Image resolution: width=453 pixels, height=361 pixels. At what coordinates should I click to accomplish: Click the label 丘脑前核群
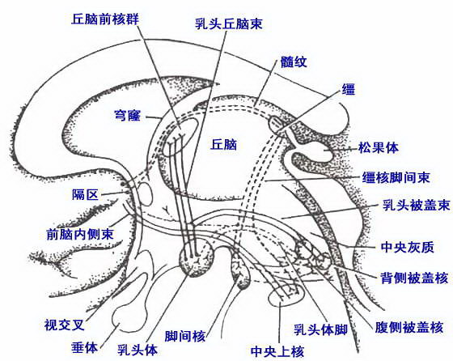tap(105, 19)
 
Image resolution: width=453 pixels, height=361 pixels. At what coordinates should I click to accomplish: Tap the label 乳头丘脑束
tap(228, 23)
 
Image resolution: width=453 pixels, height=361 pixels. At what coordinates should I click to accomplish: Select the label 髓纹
tap(294, 62)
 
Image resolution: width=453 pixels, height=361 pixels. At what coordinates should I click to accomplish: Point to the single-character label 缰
tap(349, 89)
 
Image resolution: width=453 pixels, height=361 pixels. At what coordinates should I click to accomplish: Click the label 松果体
tap(379, 147)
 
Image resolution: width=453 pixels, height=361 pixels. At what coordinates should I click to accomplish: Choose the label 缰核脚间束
tap(396, 177)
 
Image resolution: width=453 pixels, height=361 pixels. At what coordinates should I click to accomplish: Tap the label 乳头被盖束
tap(417, 206)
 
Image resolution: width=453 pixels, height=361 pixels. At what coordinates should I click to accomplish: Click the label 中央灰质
tap(408, 247)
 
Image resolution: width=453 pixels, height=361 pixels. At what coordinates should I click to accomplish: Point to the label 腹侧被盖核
tap(409, 327)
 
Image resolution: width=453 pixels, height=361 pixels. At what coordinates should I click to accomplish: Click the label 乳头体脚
tap(320, 329)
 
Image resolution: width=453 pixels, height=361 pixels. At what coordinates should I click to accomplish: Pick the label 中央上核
tap(277, 351)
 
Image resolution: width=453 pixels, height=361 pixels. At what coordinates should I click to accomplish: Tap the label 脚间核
tap(185, 337)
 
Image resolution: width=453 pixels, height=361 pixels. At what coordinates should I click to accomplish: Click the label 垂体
tap(85, 347)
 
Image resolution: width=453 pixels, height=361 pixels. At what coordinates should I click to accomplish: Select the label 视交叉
tap(64, 325)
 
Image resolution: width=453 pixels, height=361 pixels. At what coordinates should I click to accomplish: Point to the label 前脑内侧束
tap(80, 234)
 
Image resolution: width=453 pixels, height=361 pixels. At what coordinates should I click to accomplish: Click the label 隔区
tap(85, 194)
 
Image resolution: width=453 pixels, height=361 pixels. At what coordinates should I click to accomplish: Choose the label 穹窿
tap(128, 116)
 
